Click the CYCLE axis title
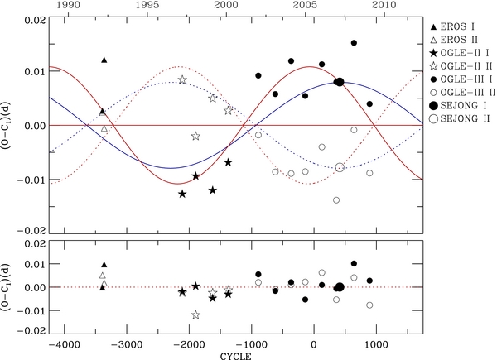[x=250, y=355]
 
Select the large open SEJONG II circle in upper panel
[x=340, y=167]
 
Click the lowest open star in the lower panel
[x=195, y=314]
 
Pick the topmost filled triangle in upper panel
[x=104, y=60]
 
